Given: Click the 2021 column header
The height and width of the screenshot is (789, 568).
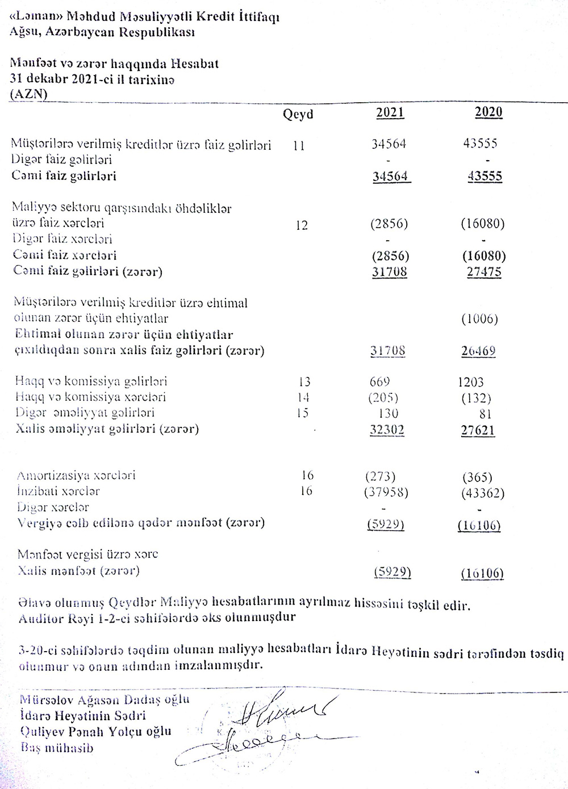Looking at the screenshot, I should (390, 112).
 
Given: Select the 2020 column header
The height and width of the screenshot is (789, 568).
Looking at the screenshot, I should (488, 112).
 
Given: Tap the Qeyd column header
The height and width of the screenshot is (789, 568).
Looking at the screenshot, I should (298, 115).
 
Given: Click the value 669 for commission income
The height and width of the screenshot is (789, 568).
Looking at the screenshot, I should (379, 382).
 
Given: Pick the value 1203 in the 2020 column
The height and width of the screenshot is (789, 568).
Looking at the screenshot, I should (470, 383).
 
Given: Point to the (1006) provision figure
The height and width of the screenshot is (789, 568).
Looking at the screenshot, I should (479, 318).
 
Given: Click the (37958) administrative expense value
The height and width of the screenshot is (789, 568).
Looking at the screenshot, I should (386, 492).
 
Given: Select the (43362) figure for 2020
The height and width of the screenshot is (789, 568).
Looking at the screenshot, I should (482, 493).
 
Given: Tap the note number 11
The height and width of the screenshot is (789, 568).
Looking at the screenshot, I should (299, 146).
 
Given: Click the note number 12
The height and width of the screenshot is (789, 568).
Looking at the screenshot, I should (302, 225).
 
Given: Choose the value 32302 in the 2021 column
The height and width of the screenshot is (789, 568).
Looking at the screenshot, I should (387, 430).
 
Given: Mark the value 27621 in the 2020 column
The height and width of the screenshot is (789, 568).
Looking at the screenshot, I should (477, 431).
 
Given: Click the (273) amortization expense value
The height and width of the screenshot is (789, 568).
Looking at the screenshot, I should (380, 476).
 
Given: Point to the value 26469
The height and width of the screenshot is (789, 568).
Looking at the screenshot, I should (478, 351).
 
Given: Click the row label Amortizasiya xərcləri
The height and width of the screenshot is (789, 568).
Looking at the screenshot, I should (76, 476).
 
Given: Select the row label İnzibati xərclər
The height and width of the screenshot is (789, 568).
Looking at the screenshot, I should (59, 491).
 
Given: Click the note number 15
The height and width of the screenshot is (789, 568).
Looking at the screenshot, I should (302, 413).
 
